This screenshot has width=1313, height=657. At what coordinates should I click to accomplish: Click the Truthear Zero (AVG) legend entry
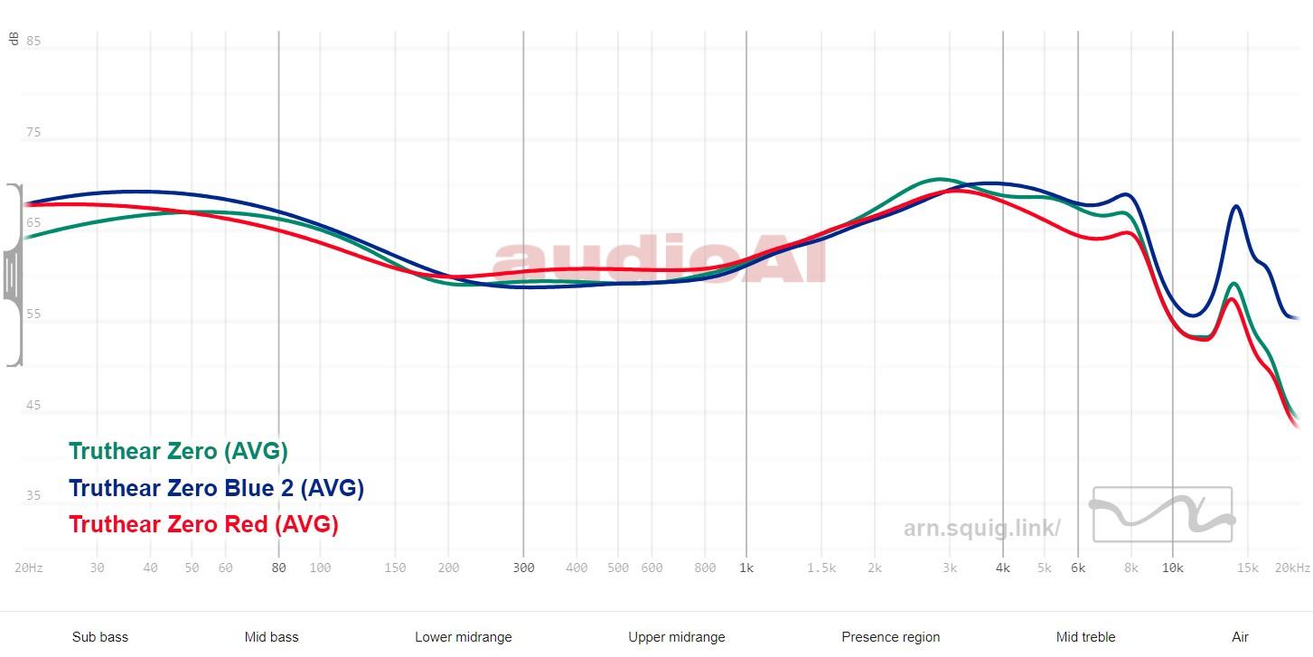(178, 451)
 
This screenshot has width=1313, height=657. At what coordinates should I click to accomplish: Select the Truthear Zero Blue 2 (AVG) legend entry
(216, 488)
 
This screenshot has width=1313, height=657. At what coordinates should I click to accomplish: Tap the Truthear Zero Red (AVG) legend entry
(203, 524)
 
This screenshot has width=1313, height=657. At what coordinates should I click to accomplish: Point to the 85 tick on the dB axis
(33, 41)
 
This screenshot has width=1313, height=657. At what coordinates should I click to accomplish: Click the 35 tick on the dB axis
(33, 495)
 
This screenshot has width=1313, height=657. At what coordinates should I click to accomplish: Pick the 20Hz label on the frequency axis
(29, 568)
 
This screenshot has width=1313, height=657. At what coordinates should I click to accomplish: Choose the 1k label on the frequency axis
(746, 568)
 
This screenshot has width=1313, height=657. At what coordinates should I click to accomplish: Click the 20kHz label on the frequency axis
(1292, 568)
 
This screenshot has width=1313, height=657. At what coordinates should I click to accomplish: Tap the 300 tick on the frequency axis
(523, 568)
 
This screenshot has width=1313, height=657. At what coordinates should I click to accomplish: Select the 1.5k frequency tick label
(821, 568)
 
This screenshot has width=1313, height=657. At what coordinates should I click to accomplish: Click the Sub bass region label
(100, 637)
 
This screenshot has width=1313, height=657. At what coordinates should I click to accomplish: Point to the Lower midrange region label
(464, 637)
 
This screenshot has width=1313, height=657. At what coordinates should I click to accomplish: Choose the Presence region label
(890, 637)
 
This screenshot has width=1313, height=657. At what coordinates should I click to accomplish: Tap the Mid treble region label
(1085, 637)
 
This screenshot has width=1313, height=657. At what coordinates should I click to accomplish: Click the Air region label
(1240, 637)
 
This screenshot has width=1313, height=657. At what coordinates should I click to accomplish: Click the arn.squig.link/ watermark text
(981, 529)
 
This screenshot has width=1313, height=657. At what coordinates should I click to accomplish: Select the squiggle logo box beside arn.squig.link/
(1162, 514)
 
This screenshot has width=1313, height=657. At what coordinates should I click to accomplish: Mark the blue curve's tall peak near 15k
(1235, 207)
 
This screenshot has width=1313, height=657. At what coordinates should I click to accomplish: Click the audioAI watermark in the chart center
(660, 262)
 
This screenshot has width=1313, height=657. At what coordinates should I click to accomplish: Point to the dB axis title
(14, 38)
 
